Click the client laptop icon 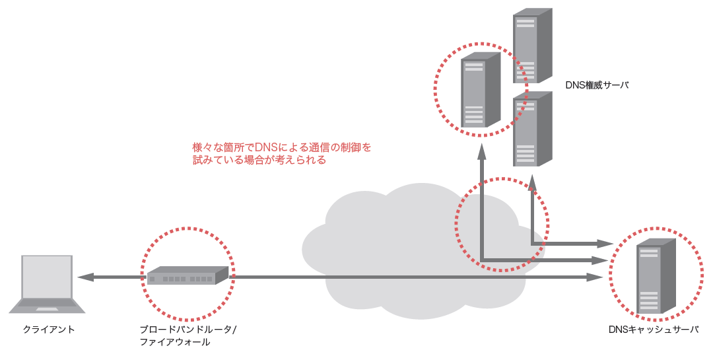point(46,284)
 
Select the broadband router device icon point(187,275)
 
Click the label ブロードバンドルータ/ point(188,329)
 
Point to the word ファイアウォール point(174,342)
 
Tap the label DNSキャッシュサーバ point(653,329)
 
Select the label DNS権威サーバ point(597,85)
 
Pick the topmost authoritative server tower point(532,46)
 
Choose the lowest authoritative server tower point(532,129)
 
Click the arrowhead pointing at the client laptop point(83,278)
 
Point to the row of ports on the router point(182,279)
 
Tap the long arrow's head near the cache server point(597,278)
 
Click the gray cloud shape point(396,244)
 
